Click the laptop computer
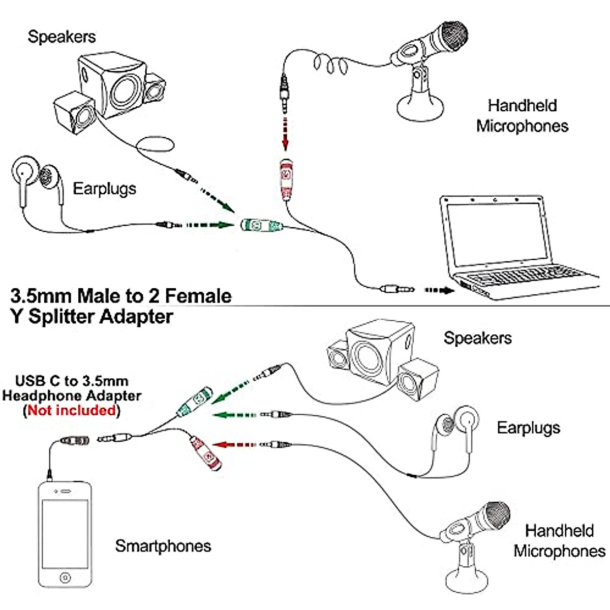(x=519, y=248)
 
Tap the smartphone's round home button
(x=65, y=577)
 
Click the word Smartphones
(x=163, y=546)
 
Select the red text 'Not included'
(x=72, y=410)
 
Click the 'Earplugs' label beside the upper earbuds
(x=105, y=189)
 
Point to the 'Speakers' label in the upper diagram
(x=62, y=37)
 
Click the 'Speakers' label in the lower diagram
(x=478, y=338)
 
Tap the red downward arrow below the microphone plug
(x=286, y=134)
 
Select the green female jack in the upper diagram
(x=261, y=225)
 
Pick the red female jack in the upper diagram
(x=286, y=180)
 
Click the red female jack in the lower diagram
(x=206, y=453)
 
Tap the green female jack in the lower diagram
(x=194, y=402)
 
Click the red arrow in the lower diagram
(x=234, y=445)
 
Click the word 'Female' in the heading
(x=198, y=296)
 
